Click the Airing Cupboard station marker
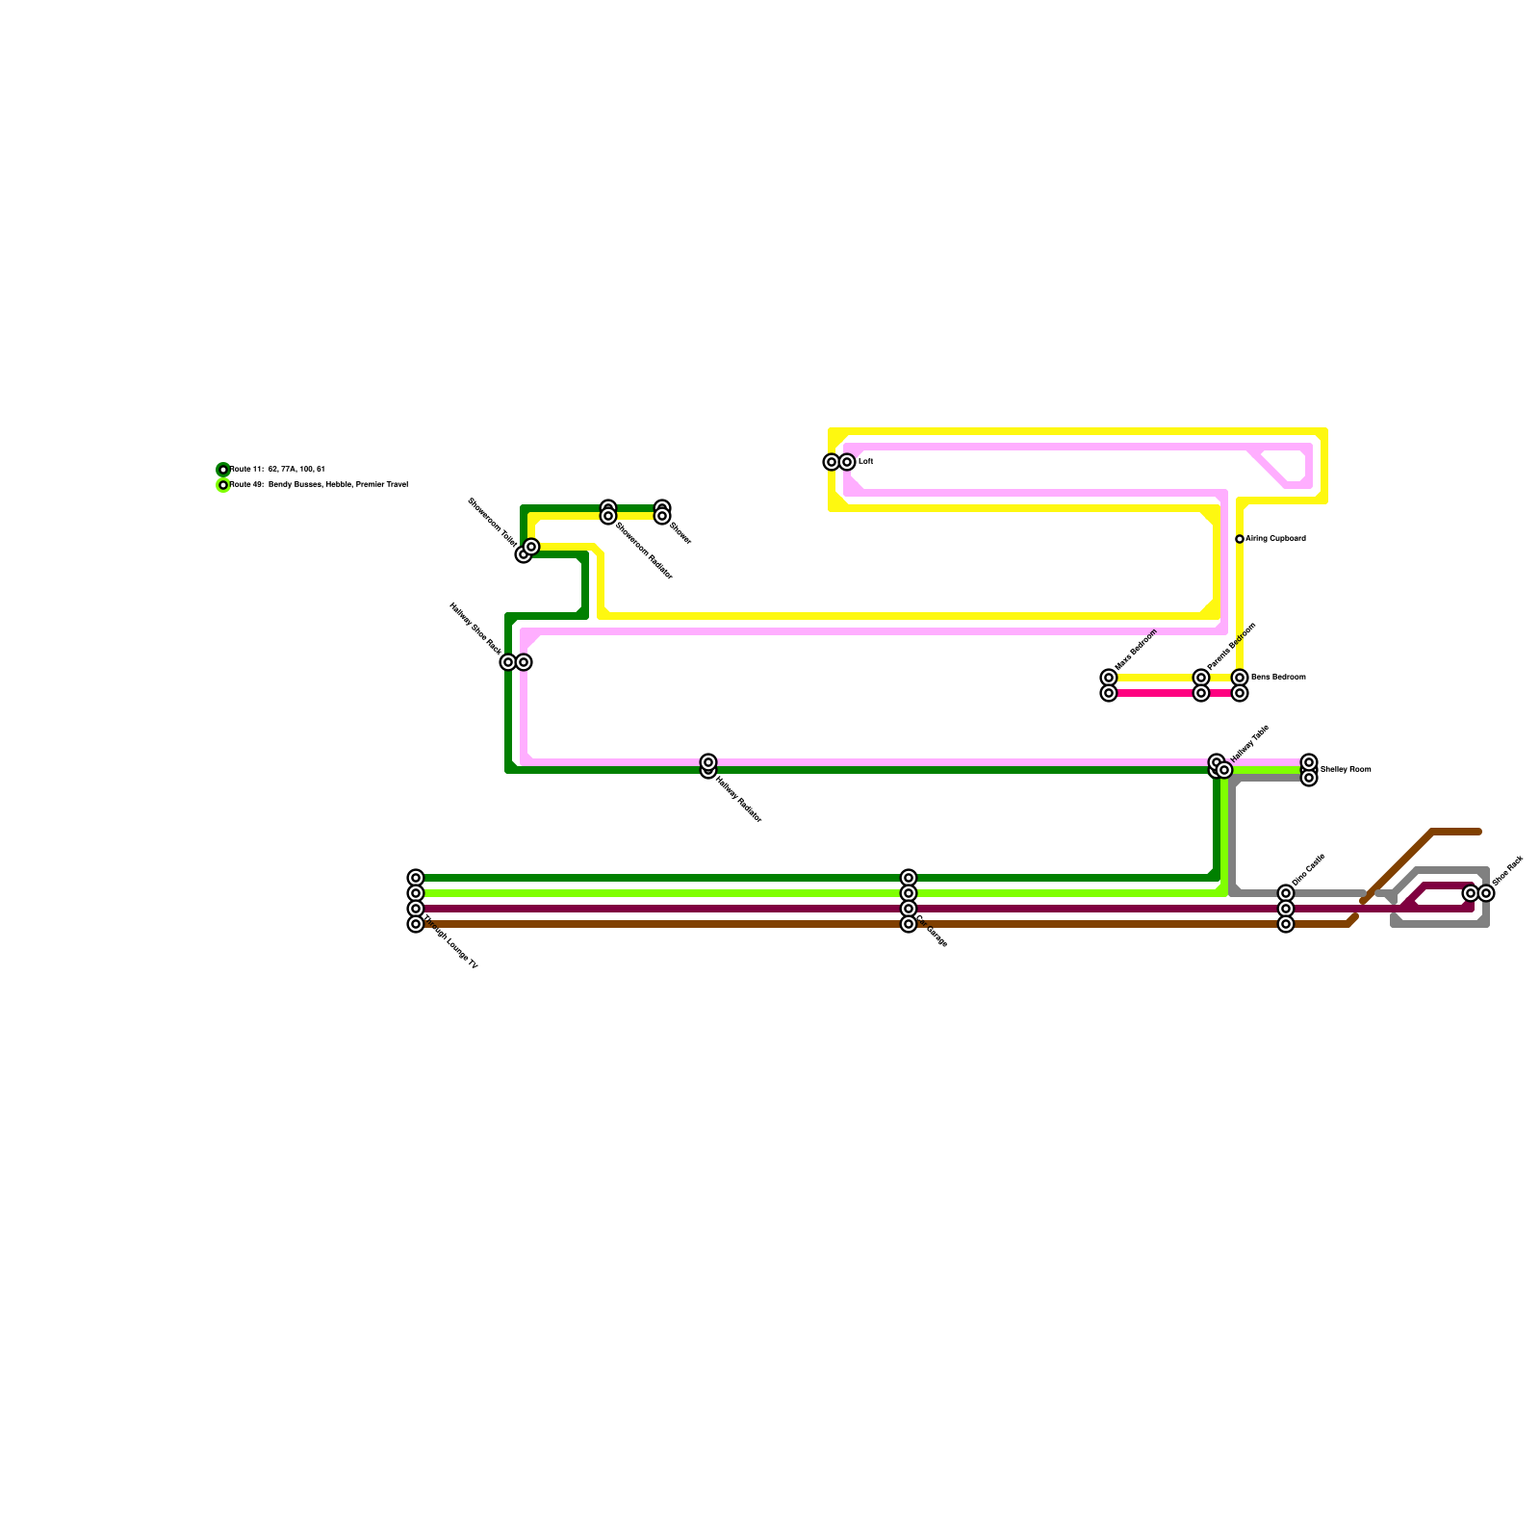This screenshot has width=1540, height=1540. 1240,539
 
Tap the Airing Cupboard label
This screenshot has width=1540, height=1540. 1275,539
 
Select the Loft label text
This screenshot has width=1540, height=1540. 865,462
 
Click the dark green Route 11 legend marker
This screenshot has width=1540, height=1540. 223,470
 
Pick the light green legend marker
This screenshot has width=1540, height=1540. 223,485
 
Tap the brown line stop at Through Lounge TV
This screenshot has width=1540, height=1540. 416,924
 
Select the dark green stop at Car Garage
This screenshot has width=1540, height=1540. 909,878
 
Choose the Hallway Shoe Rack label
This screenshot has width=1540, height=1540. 475,627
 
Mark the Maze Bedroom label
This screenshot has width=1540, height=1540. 1136,651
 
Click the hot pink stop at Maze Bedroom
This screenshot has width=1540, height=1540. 1109,693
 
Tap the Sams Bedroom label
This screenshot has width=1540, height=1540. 1278,678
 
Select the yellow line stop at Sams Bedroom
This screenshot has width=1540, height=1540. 1240,678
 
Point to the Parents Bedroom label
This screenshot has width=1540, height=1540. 1232,646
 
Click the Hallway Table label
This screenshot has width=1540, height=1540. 1250,744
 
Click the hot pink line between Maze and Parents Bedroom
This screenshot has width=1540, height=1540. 1155,693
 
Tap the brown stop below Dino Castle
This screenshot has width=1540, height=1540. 1286,924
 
